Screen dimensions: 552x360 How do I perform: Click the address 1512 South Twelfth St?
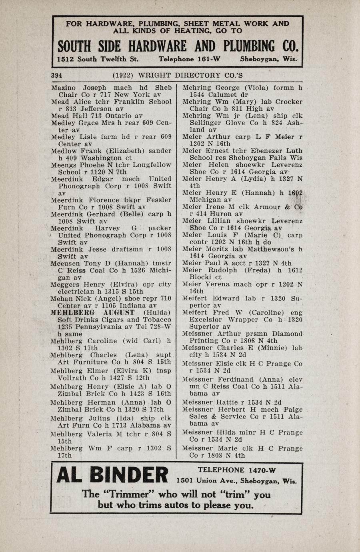(x=98, y=59)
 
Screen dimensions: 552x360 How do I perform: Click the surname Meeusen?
(x=66, y=264)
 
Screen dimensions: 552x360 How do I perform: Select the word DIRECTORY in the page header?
(x=192, y=75)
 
